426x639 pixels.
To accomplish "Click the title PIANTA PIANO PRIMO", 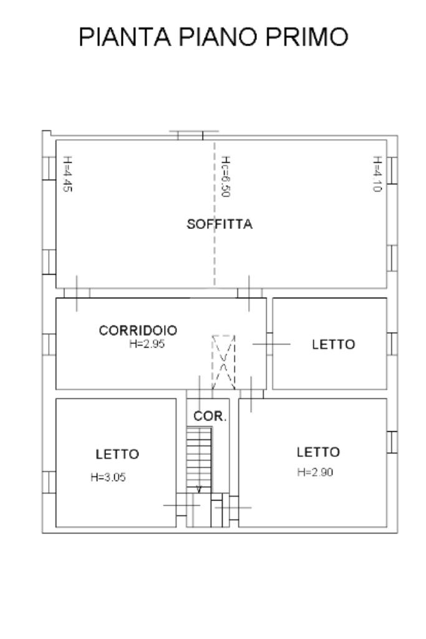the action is pyautogui.click(x=213, y=37).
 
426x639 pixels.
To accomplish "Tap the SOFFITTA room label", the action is pyautogui.click(x=220, y=225).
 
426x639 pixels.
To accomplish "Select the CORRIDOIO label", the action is pyautogui.click(x=138, y=331).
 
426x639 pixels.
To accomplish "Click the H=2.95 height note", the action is pyautogui.click(x=147, y=344).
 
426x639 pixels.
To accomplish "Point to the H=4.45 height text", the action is pyautogui.click(x=67, y=173).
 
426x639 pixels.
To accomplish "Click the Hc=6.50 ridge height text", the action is pyautogui.click(x=225, y=177).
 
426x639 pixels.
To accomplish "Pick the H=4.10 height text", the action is pyautogui.click(x=377, y=173).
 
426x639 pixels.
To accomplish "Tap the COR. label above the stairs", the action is pyautogui.click(x=210, y=416).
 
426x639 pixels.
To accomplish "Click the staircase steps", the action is pyautogui.click(x=199, y=459).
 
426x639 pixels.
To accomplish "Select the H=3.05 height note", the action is pyautogui.click(x=109, y=477).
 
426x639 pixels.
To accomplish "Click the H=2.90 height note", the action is pyautogui.click(x=315, y=472).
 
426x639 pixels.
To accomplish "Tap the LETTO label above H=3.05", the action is pyautogui.click(x=117, y=454).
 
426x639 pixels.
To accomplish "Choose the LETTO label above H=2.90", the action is pyautogui.click(x=318, y=452).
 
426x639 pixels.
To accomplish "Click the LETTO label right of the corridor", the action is pyautogui.click(x=333, y=344).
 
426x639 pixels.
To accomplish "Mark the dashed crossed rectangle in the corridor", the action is pyautogui.click(x=223, y=361).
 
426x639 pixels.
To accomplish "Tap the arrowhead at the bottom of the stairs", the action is pyautogui.click(x=199, y=490).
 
